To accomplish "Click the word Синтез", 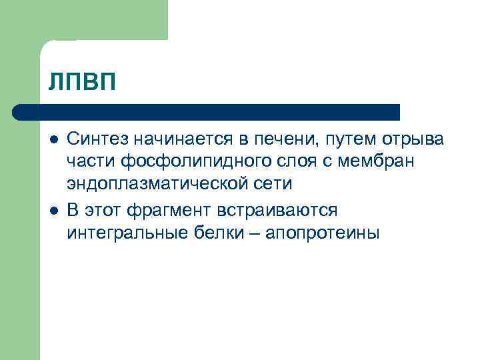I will click(x=97, y=139).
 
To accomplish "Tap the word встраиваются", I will click(x=281, y=210).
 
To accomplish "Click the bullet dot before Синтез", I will click(x=53, y=139).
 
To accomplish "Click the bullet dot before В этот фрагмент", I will click(x=53, y=211).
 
